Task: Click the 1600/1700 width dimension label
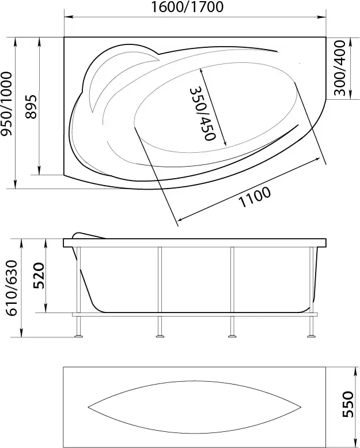tap(187, 7)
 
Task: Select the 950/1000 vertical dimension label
tap(7, 104)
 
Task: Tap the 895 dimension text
tap(31, 107)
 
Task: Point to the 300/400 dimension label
tap(340, 68)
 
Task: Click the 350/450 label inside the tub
tap(202, 114)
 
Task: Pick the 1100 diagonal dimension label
tap(255, 197)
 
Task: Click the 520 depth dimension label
tap(38, 276)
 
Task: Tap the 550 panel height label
tap(347, 404)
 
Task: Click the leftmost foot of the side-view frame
tap(79, 336)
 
